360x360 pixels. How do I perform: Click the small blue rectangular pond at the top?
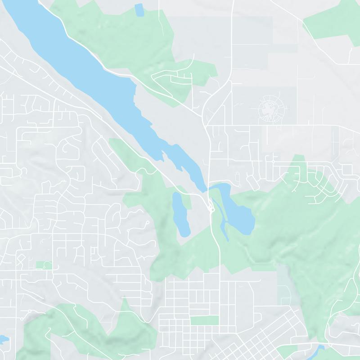click(x=139, y=10)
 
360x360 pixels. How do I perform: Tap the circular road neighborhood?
click(x=270, y=108)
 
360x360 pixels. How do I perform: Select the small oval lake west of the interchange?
click(x=181, y=213)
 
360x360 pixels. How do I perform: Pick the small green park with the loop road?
click(x=44, y=265)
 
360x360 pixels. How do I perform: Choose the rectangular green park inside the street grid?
click(x=204, y=320)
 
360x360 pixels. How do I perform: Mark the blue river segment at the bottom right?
click(x=320, y=349)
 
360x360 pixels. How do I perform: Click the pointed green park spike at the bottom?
click(x=125, y=310)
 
